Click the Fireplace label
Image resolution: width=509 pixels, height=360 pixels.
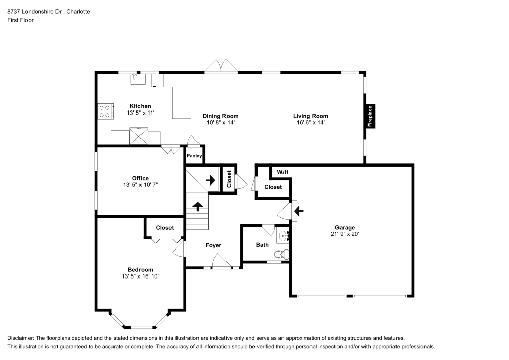(x=370, y=116)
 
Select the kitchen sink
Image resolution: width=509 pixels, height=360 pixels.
(x=138, y=79)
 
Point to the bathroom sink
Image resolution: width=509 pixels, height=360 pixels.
(x=283, y=236)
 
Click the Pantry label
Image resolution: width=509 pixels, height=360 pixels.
(x=194, y=156)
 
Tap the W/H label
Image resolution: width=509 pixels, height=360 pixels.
(x=282, y=172)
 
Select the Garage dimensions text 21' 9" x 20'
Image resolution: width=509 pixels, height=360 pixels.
(x=345, y=234)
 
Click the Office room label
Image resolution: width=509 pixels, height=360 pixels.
(x=140, y=178)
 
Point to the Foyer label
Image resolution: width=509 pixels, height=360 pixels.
(x=213, y=245)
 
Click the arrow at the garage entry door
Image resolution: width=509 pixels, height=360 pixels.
(x=299, y=211)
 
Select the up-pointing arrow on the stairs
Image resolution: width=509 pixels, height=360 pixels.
(x=197, y=206)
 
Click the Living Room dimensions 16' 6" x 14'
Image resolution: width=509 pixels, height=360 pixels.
(x=310, y=122)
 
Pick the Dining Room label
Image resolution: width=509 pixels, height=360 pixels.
(x=220, y=116)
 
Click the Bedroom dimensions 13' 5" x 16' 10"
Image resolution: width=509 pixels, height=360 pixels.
(x=140, y=276)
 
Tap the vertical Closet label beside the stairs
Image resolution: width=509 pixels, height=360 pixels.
(x=229, y=179)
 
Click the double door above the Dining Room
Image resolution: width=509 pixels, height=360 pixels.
(x=221, y=66)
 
